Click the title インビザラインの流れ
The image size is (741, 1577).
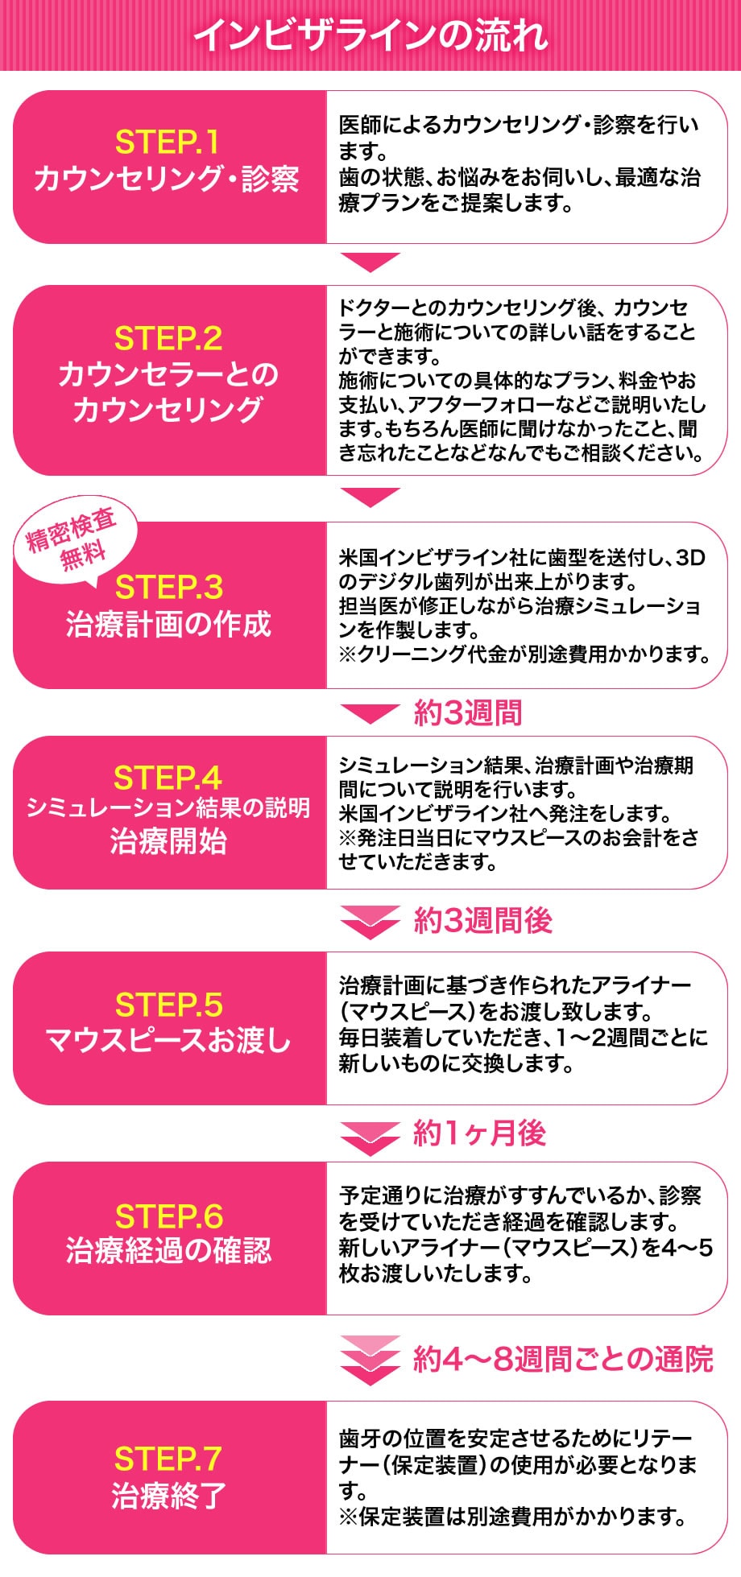pyautogui.click(x=370, y=35)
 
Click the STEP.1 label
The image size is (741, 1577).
pyautogui.click(x=168, y=142)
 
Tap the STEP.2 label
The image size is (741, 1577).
pyautogui.click(x=168, y=338)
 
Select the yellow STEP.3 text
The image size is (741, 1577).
pyautogui.click(x=168, y=588)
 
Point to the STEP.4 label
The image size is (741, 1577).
pyautogui.click(x=168, y=778)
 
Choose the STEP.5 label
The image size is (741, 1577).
pyautogui.click(x=168, y=1005)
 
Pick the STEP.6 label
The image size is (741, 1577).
pyautogui.click(x=168, y=1216)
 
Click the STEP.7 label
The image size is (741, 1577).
pyautogui.click(x=168, y=1459)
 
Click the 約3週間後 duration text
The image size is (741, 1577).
pyautogui.click(x=482, y=920)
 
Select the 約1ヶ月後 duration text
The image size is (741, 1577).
pyautogui.click(x=479, y=1133)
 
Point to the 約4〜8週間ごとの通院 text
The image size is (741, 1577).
pyautogui.click(x=562, y=1359)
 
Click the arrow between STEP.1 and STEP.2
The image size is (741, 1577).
pyautogui.click(x=370, y=262)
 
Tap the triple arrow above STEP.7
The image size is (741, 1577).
pyautogui.click(x=370, y=1359)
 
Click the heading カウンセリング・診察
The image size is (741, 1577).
pyautogui.click(x=167, y=178)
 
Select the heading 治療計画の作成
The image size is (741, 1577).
pyautogui.click(x=168, y=624)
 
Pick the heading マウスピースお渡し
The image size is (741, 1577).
pyautogui.click(x=168, y=1040)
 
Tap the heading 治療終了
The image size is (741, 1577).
pyautogui.click(x=168, y=1495)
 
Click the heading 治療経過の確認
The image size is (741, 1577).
pyautogui.click(x=168, y=1250)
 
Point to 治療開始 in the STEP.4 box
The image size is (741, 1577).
pyautogui.click(x=168, y=841)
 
